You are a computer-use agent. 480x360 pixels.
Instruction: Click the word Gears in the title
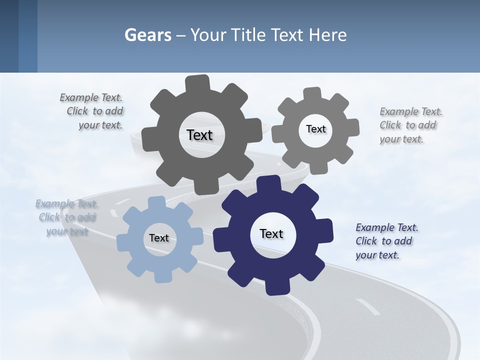coord(147,35)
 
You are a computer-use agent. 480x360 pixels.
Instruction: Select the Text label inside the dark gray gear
coord(199,135)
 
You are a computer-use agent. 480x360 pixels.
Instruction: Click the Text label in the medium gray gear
coord(315,129)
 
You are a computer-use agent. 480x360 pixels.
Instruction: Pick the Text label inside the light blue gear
coord(159,238)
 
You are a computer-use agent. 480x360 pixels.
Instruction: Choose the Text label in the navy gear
coord(271,233)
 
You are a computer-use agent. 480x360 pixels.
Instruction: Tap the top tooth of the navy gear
coord(269,184)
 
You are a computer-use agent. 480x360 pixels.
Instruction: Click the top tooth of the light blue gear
coord(156,202)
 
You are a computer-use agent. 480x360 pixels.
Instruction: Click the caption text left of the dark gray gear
coord(95,111)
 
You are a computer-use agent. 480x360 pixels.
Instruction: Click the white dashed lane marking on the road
coord(367,306)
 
